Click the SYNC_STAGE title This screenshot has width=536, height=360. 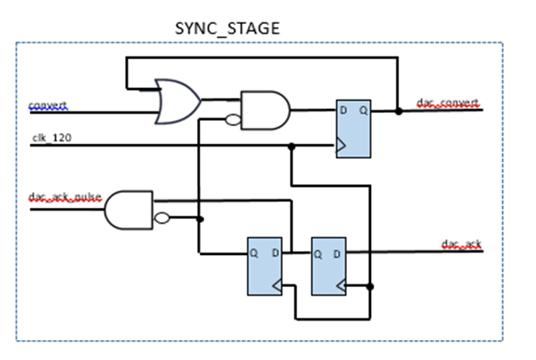228,29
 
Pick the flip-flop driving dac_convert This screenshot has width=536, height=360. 353,128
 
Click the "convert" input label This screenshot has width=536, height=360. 48,105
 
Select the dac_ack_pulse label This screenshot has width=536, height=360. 66,197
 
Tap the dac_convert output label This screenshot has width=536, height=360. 448,103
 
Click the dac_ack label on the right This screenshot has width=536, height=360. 460,243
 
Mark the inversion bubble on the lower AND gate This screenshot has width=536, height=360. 160,218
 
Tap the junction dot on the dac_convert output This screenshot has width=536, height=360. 397,111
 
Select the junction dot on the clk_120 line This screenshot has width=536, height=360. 291,146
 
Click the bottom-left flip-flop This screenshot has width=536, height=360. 264,265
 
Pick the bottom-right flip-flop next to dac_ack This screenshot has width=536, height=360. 328,265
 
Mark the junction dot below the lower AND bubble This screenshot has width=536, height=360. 199,218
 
